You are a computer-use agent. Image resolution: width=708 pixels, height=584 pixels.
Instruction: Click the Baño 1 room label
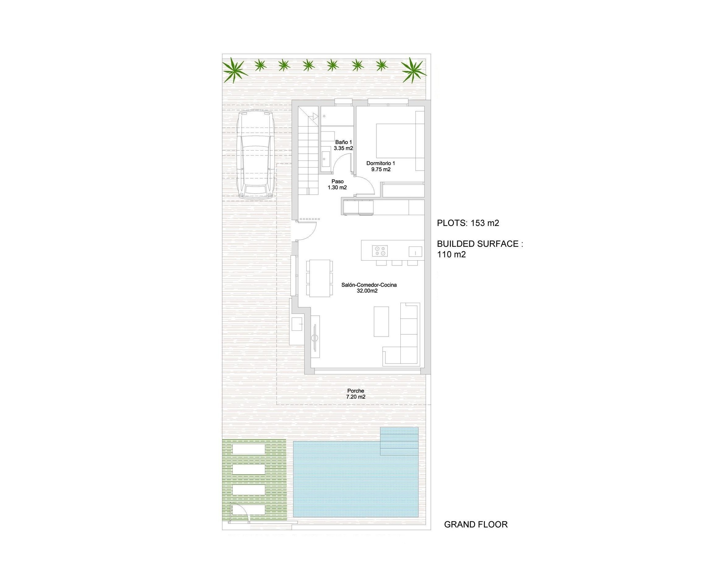343,145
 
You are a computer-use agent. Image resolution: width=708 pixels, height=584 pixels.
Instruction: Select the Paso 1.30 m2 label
337,184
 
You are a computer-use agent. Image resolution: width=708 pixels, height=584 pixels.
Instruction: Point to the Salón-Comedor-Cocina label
369,287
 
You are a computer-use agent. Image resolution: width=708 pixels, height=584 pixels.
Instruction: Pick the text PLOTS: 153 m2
467,223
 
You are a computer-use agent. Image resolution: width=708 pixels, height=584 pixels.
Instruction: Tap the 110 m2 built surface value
451,255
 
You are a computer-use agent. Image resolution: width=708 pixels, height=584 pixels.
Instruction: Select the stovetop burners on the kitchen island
380,251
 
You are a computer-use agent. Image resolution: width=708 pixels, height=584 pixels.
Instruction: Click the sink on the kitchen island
415,251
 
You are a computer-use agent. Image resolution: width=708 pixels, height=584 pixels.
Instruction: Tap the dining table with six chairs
319,278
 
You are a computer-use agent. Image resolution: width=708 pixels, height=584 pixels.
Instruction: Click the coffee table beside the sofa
381,321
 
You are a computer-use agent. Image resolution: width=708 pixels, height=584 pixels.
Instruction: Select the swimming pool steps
399,441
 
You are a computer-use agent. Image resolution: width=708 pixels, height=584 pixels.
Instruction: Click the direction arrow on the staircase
315,116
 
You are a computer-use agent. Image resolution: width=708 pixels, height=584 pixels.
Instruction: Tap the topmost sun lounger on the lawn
249,449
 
